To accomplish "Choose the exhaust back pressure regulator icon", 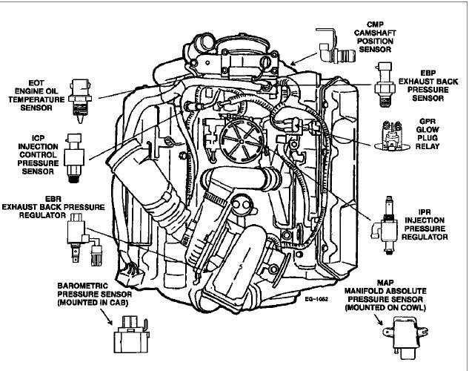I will click(81, 235).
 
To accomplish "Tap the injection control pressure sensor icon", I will click(75, 156).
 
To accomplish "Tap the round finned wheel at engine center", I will click(239, 138).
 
